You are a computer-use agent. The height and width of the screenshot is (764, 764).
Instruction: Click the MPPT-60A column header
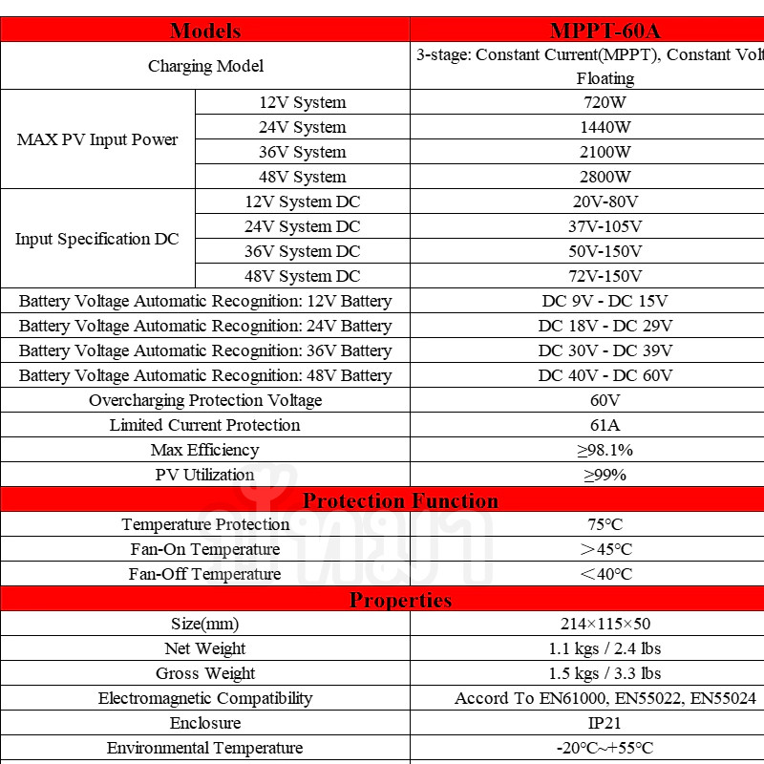(x=605, y=31)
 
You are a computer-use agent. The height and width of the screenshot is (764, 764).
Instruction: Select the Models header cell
(x=205, y=31)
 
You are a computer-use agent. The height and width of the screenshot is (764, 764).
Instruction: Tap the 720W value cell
(x=605, y=102)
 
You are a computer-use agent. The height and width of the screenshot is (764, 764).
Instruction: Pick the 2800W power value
(x=605, y=177)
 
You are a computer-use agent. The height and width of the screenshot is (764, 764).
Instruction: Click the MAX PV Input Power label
(x=97, y=139)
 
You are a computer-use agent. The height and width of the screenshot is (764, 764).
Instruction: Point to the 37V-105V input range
(x=605, y=226)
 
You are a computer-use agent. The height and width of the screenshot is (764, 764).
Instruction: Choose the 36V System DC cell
(x=303, y=251)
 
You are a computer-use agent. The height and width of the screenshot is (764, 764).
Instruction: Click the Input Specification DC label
(x=97, y=239)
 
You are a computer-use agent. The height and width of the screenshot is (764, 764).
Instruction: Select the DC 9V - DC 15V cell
(x=605, y=301)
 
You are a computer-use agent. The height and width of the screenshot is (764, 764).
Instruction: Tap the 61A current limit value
(x=605, y=425)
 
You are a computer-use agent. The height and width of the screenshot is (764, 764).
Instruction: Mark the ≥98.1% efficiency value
(x=605, y=450)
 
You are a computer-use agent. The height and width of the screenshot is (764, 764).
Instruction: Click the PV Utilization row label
(x=205, y=475)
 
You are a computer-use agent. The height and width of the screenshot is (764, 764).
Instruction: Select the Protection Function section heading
(x=400, y=500)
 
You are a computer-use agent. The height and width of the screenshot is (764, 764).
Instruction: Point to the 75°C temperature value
(x=605, y=524)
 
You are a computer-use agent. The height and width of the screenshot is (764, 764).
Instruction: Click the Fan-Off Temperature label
(x=205, y=574)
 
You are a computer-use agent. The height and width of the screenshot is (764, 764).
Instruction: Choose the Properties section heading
(x=400, y=600)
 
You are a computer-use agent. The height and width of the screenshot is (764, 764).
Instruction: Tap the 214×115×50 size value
(x=605, y=624)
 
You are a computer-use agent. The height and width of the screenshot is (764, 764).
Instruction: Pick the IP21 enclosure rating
(x=605, y=723)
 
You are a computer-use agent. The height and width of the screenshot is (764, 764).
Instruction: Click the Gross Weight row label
(x=205, y=673)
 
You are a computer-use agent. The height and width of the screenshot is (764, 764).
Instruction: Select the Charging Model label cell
(x=205, y=66)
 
